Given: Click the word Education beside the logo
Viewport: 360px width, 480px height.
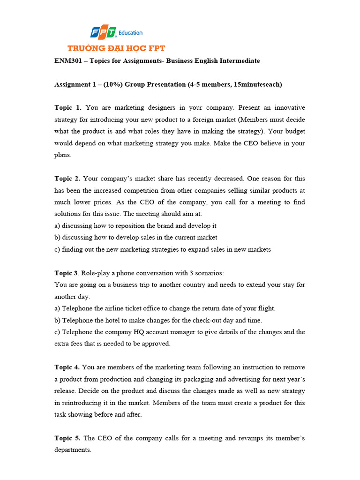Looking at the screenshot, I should [131, 33].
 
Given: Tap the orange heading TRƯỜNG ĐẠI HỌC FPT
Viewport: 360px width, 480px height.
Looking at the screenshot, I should [116, 48].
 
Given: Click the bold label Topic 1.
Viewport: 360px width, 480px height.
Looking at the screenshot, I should [67, 108].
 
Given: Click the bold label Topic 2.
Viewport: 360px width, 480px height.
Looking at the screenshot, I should [67, 179].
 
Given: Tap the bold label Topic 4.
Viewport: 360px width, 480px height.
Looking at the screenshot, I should [67, 367].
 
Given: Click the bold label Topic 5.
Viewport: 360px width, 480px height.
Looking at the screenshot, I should [67, 438].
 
